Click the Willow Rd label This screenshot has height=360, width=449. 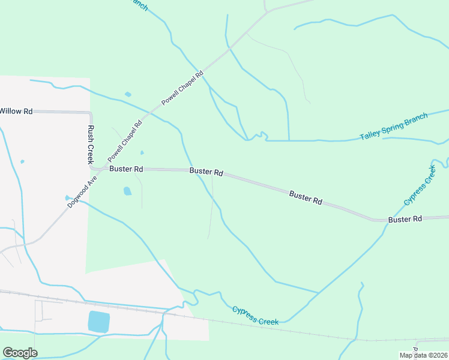click(16, 111)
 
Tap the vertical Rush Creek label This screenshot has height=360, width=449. click(91, 145)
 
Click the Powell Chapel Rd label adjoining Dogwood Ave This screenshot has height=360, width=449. click(125, 141)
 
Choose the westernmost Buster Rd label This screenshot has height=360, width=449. click(126, 169)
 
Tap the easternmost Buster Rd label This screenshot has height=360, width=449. click(405, 220)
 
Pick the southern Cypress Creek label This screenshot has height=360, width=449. click(255, 316)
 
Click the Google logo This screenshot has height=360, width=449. click(20, 353)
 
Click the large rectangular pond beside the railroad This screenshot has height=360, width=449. click(99, 322)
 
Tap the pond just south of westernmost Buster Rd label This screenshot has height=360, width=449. click(127, 191)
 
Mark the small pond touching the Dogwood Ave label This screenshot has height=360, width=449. click(67, 197)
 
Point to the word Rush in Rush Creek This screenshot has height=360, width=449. click(91, 134)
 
